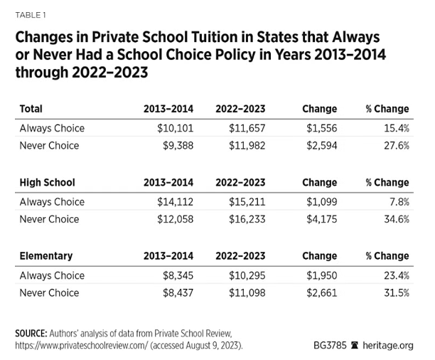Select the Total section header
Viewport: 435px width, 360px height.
(x=31, y=109)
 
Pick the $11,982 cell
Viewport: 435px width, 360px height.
(x=243, y=146)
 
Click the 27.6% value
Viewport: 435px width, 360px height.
(x=392, y=146)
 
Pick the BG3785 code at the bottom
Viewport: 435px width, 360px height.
(x=330, y=345)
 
